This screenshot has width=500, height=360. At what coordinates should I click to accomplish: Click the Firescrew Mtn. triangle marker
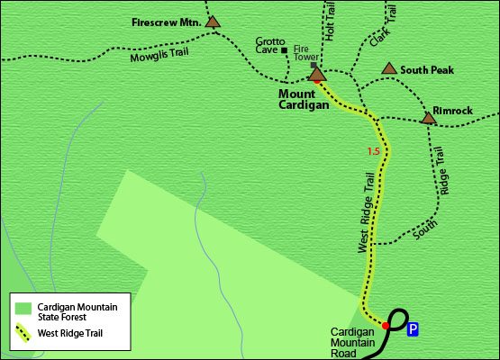coord(213,22)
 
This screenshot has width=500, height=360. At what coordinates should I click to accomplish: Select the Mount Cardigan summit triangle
coord(316,75)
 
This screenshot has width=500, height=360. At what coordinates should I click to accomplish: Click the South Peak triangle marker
coord(389,68)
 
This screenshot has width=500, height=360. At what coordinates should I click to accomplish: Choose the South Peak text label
coord(427,69)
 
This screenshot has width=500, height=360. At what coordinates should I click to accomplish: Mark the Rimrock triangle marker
coord(428,117)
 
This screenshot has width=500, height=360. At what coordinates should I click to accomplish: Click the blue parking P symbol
coord(413,329)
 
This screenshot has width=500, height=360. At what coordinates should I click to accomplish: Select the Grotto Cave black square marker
coord(285,50)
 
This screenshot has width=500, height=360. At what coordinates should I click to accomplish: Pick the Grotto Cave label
coord(269,46)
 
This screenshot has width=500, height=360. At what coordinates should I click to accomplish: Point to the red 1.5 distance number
coord(374,151)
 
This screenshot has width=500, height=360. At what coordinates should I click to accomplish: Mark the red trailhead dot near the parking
coord(386,325)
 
